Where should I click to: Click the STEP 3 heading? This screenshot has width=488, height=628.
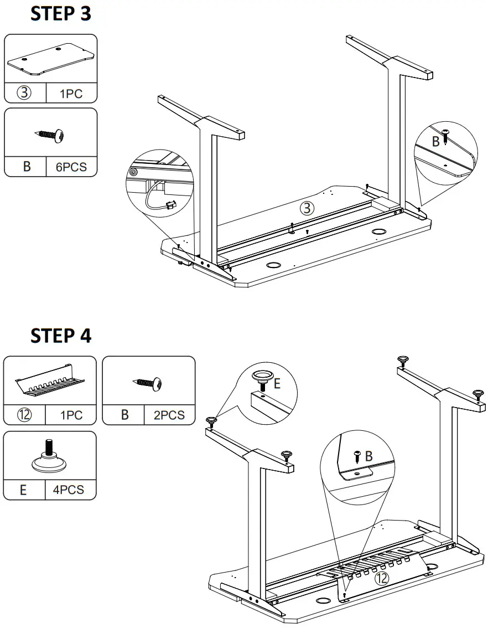pyautogui.click(x=61, y=14)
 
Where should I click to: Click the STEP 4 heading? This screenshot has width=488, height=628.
pyautogui.click(x=61, y=336)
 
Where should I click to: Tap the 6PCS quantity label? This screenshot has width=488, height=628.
pyautogui.click(x=71, y=167)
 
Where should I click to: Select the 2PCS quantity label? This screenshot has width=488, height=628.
pyautogui.click(x=169, y=415)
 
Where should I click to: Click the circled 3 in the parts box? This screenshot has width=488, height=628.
pyautogui.click(x=25, y=93)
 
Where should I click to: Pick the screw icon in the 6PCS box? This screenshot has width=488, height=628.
pyautogui.click(x=51, y=135)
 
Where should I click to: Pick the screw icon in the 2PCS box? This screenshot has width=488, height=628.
pyautogui.click(x=149, y=382)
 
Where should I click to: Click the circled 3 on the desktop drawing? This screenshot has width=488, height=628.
pyautogui.click(x=307, y=208)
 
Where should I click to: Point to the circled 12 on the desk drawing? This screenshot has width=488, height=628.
pyautogui.click(x=382, y=578)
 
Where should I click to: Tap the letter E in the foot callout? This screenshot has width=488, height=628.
pyautogui.click(x=277, y=383)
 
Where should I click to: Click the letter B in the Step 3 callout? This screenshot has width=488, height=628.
pyautogui.click(x=435, y=141)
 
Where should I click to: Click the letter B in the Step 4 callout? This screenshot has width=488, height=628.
pyautogui.click(x=368, y=456)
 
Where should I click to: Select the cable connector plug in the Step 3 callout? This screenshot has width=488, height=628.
pyautogui.click(x=171, y=205)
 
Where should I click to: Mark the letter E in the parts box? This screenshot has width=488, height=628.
pyautogui.click(x=23, y=491)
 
